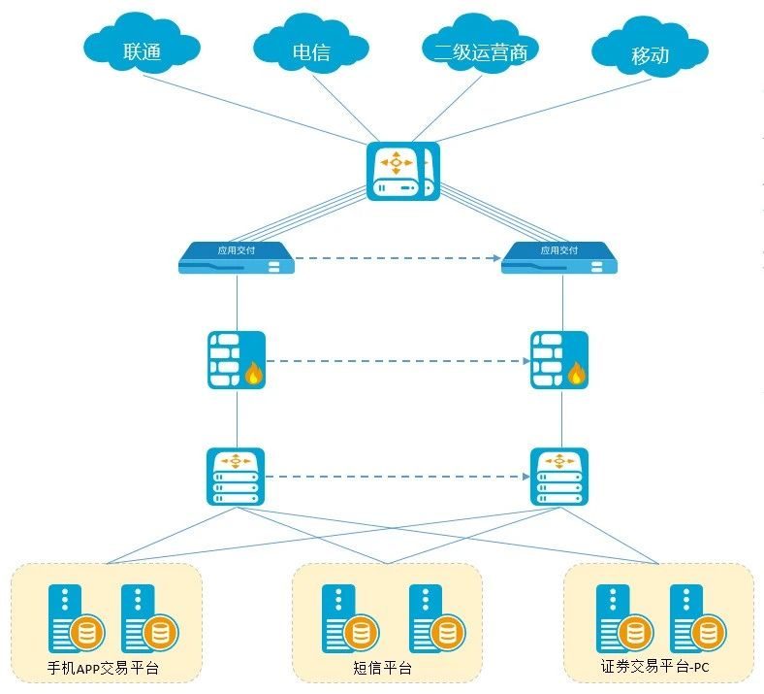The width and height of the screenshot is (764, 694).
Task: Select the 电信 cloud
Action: pos(310,49)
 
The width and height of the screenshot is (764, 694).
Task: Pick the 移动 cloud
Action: pos(649,53)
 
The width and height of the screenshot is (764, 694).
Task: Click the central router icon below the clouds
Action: pos(402,172)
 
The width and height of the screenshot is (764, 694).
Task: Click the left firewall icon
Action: pos(237,360)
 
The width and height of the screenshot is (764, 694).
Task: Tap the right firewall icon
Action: pos(559,360)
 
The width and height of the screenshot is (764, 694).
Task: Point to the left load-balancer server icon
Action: pos(236,476)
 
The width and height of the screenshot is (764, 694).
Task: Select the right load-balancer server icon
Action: pos(559,476)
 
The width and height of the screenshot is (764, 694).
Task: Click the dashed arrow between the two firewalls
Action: pos(398,361)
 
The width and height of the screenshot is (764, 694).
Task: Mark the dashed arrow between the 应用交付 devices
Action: pos(398,259)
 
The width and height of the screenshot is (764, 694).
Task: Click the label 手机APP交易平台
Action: pos(103,668)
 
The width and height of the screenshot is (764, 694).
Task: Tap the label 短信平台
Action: pos(382,668)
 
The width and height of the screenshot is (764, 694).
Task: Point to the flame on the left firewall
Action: pos(255,373)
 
